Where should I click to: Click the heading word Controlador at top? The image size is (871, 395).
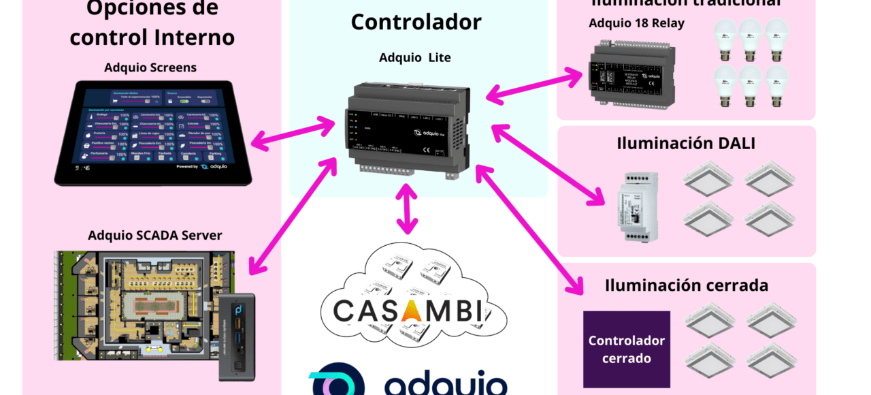click(x=416, y=22)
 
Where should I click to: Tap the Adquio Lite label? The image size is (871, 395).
click(x=415, y=58)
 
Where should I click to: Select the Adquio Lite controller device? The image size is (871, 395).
click(x=408, y=129)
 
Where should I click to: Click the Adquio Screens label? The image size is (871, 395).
click(x=150, y=67)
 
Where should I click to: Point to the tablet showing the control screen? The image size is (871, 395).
click(x=153, y=133)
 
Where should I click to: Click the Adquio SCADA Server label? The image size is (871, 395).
click(x=155, y=236)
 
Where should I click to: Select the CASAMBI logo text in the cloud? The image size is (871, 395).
click(x=408, y=311)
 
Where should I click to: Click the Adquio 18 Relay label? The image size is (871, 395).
click(x=636, y=23)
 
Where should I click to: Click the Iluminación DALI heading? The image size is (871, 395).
click(x=686, y=143)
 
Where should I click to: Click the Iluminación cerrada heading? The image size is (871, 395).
click(x=687, y=285)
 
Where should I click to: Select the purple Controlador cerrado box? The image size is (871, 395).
click(x=627, y=349)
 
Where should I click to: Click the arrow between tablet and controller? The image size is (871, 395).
click(x=293, y=133)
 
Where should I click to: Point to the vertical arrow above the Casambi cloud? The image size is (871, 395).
click(x=407, y=208)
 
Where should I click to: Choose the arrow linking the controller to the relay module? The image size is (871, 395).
click(x=535, y=85)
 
